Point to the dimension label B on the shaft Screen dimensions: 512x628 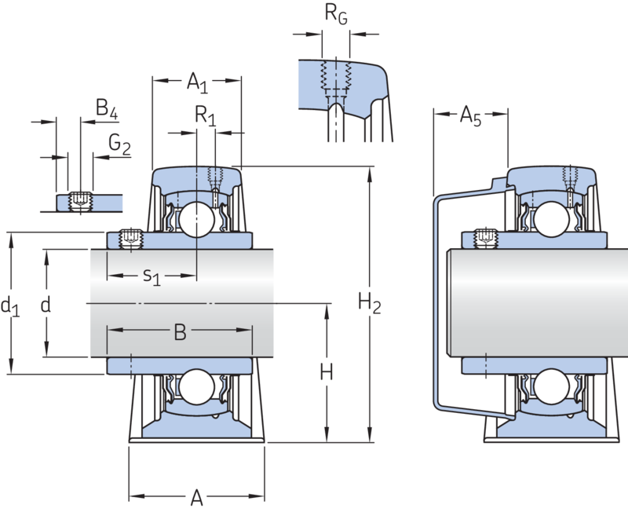coord(180,333)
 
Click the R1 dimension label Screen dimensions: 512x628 coord(205,118)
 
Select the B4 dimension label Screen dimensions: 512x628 coord(108,110)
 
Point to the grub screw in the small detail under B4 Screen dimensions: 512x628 coord(78,202)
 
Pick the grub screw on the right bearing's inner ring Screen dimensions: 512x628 coord(485,237)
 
